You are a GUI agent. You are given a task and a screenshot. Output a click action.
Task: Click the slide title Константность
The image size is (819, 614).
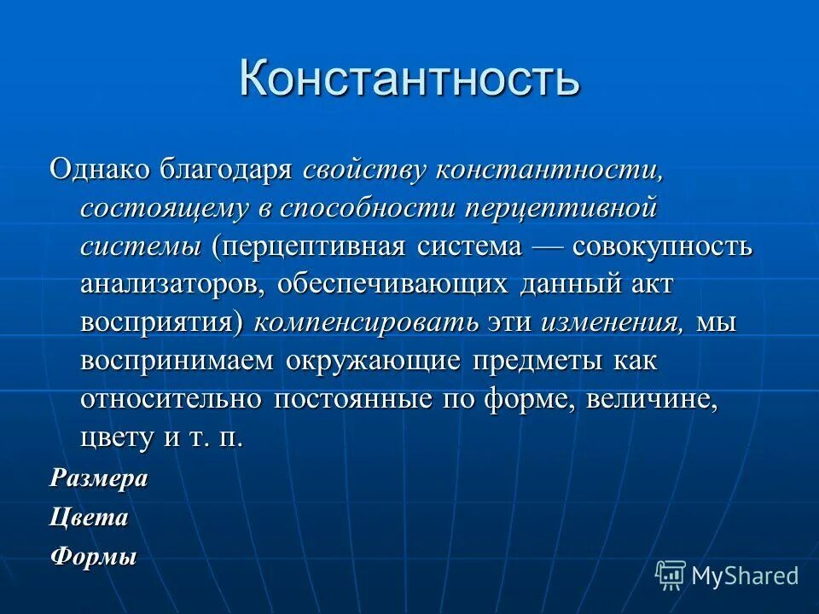point(409,78)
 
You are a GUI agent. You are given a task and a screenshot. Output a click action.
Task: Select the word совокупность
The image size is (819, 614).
point(662,246)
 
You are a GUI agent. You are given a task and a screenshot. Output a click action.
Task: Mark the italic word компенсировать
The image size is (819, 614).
point(366,323)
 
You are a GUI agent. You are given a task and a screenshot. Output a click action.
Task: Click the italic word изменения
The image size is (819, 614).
point(611,323)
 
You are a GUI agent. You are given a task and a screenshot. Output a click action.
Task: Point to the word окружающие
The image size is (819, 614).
point(374,362)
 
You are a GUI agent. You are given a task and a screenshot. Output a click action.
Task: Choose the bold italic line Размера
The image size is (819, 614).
point(98,478)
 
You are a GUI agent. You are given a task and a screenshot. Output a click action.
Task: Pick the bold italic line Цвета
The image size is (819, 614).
point(89,517)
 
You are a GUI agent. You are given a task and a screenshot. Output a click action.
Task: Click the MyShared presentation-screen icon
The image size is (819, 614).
point(671,575)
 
